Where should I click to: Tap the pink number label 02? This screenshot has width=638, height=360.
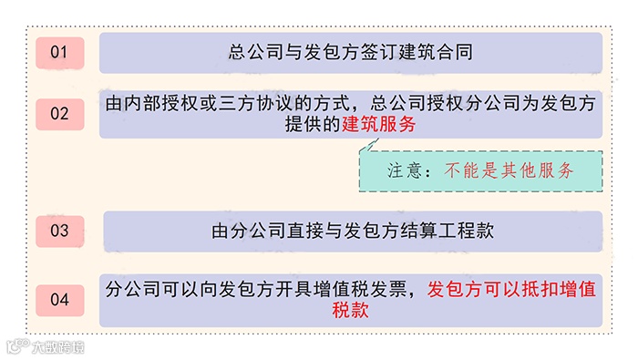(59, 114)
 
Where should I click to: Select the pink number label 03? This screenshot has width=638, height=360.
(59, 231)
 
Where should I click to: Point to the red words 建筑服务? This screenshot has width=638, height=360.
(379, 125)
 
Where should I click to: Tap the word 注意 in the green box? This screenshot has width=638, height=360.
(403, 170)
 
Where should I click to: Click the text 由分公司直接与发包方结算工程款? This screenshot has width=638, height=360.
(352, 231)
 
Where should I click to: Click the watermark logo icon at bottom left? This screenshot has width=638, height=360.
(15, 346)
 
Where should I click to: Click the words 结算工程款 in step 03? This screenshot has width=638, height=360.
(448, 231)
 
